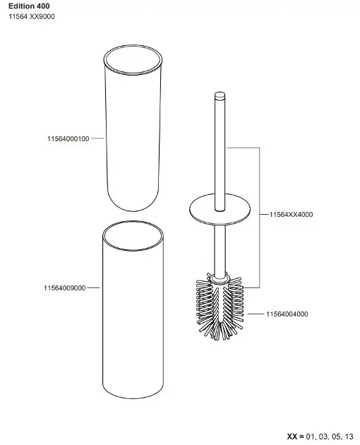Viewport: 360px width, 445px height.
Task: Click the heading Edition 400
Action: click(x=29, y=6)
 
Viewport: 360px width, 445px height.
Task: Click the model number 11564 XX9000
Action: click(x=32, y=16)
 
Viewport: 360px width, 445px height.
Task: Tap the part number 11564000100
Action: click(x=68, y=138)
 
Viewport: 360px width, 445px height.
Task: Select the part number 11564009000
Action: click(x=65, y=288)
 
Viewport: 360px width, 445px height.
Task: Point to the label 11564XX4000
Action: click(x=291, y=215)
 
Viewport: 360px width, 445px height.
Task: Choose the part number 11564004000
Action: click(x=287, y=314)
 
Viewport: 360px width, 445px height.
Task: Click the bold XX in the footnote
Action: click(x=292, y=437)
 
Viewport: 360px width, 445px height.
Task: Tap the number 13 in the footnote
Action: click(x=349, y=437)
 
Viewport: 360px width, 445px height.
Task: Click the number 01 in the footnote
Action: click(x=310, y=437)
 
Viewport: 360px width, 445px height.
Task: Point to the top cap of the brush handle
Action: click(x=220, y=95)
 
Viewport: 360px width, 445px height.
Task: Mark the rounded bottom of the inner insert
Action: click(x=133, y=210)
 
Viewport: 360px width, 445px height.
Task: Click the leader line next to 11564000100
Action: click(x=97, y=138)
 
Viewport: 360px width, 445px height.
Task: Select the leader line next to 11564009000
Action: click(x=93, y=287)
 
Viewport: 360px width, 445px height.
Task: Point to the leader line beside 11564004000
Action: click(x=256, y=314)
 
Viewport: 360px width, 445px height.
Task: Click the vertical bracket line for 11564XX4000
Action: click(x=259, y=218)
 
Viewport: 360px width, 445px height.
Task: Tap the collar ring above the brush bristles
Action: click(x=220, y=279)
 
